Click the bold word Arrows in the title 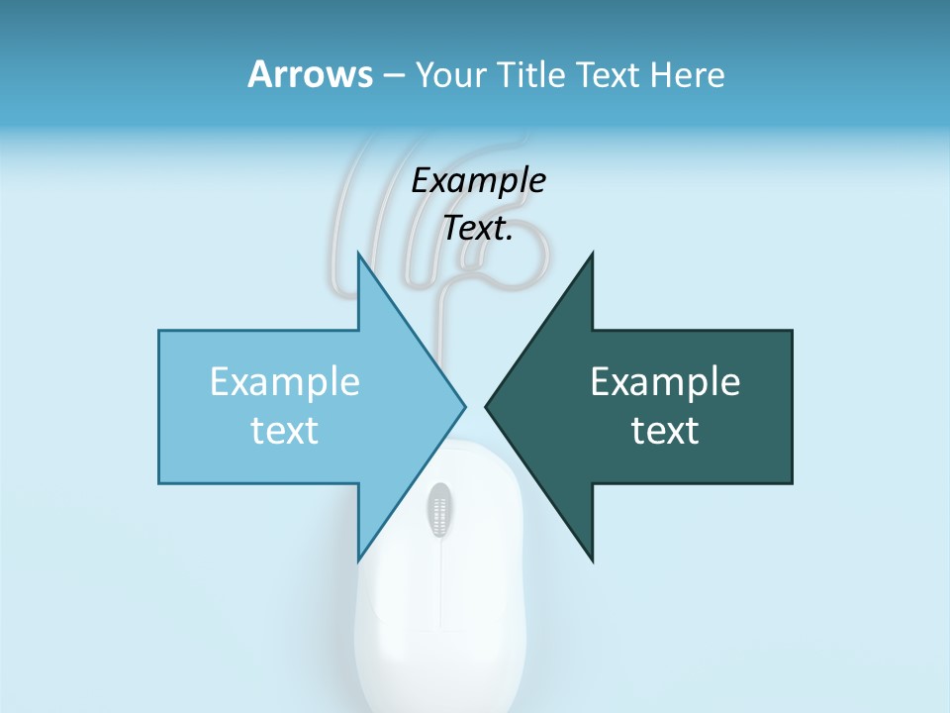pyautogui.click(x=309, y=74)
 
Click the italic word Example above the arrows pyautogui.click(x=478, y=180)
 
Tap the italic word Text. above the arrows pyautogui.click(x=478, y=228)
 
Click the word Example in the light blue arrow pyautogui.click(x=284, y=381)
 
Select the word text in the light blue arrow pyautogui.click(x=284, y=431)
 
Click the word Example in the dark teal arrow pyautogui.click(x=665, y=381)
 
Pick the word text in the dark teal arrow pyautogui.click(x=665, y=431)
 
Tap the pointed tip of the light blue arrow pyautogui.click(x=462, y=406)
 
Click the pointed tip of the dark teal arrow pyautogui.click(x=489, y=406)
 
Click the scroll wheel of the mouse pyautogui.click(x=439, y=510)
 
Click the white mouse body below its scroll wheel pyautogui.click(x=439, y=634)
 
